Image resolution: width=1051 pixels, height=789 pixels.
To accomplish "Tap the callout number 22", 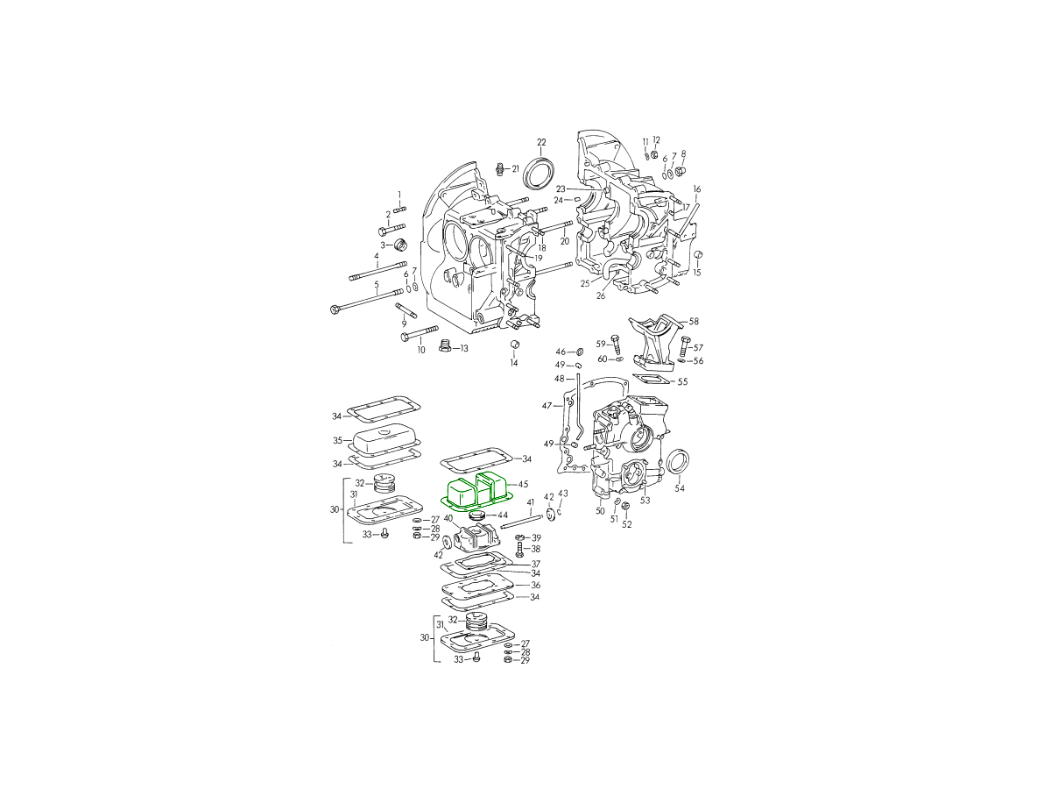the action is [541, 142].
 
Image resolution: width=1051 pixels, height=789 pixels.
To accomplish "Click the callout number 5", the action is [377, 284].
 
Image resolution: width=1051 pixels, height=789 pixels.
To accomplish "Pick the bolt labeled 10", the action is [420, 333].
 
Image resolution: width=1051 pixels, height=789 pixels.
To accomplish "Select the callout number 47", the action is [547, 406].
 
